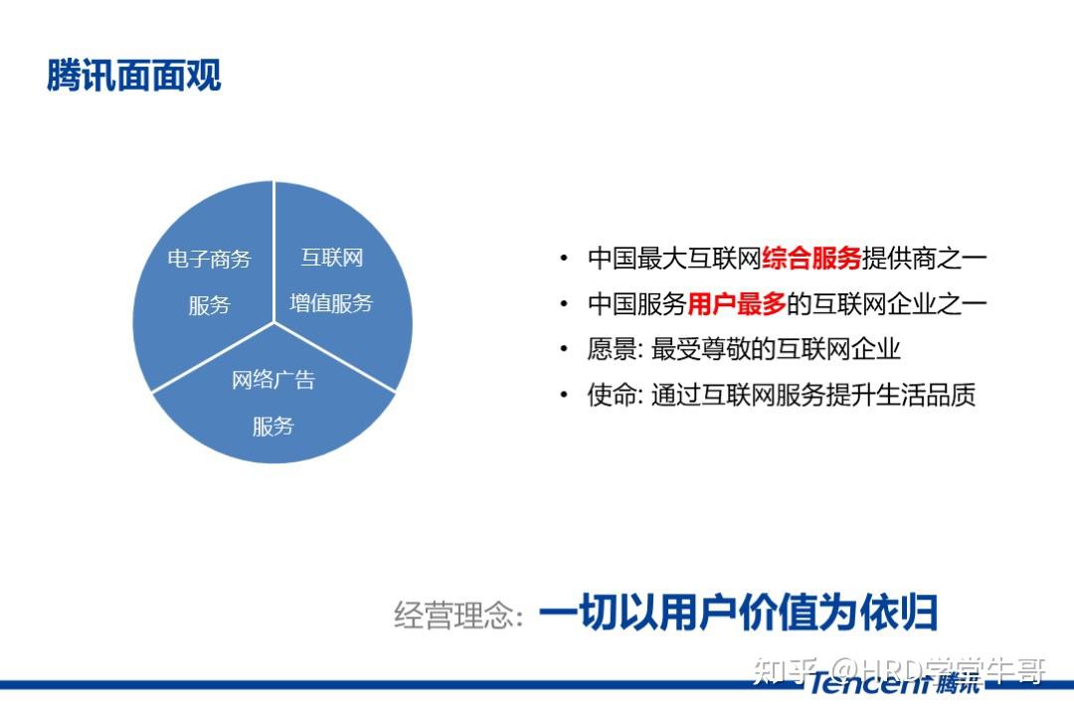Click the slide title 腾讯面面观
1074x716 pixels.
click(134, 75)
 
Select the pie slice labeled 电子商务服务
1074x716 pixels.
click(206, 280)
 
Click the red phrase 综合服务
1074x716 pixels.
click(811, 259)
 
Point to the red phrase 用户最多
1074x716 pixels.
click(737, 303)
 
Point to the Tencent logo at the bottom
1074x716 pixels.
click(895, 682)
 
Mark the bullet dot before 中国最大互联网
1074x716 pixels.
click(564, 259)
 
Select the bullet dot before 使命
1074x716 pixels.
click(564, 395)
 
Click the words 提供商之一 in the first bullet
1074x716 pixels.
click(924, 259)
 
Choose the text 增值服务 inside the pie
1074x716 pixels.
click(331, 303)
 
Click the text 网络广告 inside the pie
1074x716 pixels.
click(273, 380)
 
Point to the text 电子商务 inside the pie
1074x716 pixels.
click(210, 259)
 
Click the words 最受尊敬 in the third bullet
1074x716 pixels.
click(701, 349)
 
